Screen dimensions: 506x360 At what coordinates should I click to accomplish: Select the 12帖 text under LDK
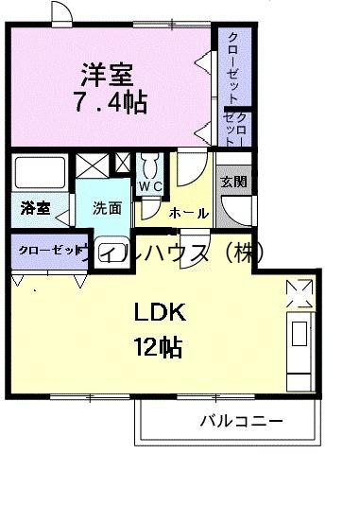tap(157, 346)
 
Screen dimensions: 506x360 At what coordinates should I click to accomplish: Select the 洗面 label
tap(106, 208)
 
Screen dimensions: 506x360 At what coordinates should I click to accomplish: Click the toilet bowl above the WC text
tap(149, 165)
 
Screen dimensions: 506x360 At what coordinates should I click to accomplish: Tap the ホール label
tap(189, 214)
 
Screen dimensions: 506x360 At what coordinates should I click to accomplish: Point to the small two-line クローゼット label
tap(235, 128)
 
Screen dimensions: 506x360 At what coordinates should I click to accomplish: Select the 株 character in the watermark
tap(245, 253)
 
